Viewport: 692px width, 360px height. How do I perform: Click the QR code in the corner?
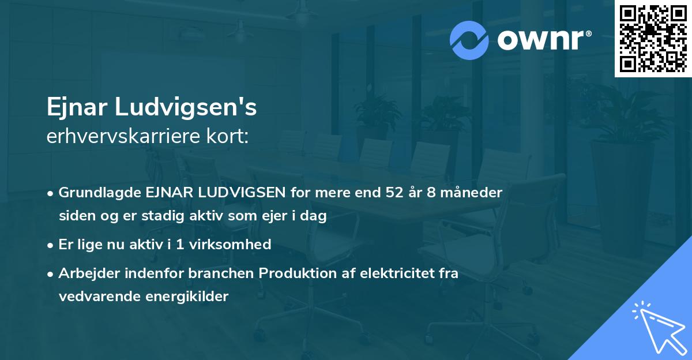point(653,38)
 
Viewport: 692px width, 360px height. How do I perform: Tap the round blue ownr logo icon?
point(469,40)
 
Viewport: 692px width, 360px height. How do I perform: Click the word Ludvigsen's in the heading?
point(186,108)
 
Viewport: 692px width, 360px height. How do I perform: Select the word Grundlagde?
point(95,192)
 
